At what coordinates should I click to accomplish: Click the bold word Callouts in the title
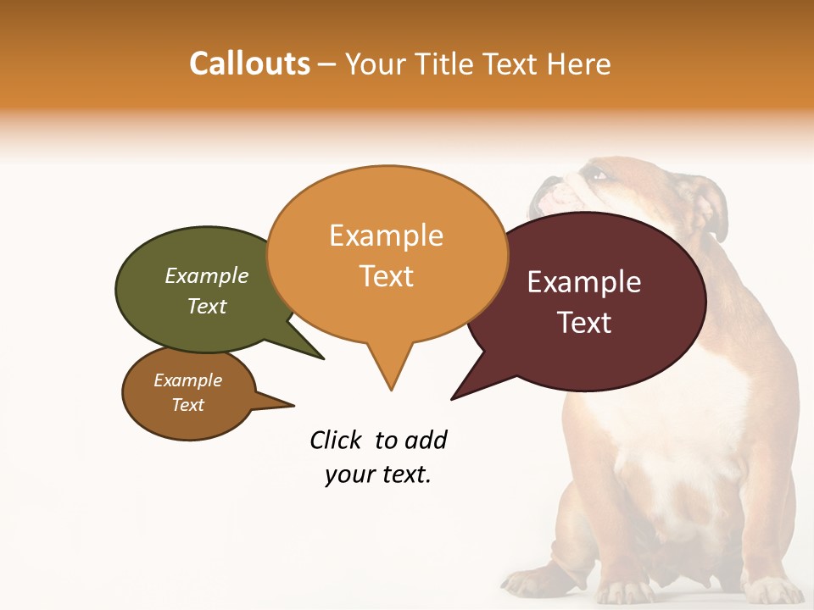249,64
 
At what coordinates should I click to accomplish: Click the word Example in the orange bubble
386,236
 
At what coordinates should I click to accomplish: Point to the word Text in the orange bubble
386,276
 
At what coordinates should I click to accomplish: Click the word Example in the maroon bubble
584,282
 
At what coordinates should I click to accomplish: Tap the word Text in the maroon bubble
584,323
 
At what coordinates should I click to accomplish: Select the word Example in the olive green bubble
207,275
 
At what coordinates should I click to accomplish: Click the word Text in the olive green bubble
207,306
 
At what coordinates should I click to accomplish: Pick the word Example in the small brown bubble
188,380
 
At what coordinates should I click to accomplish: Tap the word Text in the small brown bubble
188,405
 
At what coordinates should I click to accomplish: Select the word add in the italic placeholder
426,440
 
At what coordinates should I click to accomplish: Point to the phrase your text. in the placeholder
378,475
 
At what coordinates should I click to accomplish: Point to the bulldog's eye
599,175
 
